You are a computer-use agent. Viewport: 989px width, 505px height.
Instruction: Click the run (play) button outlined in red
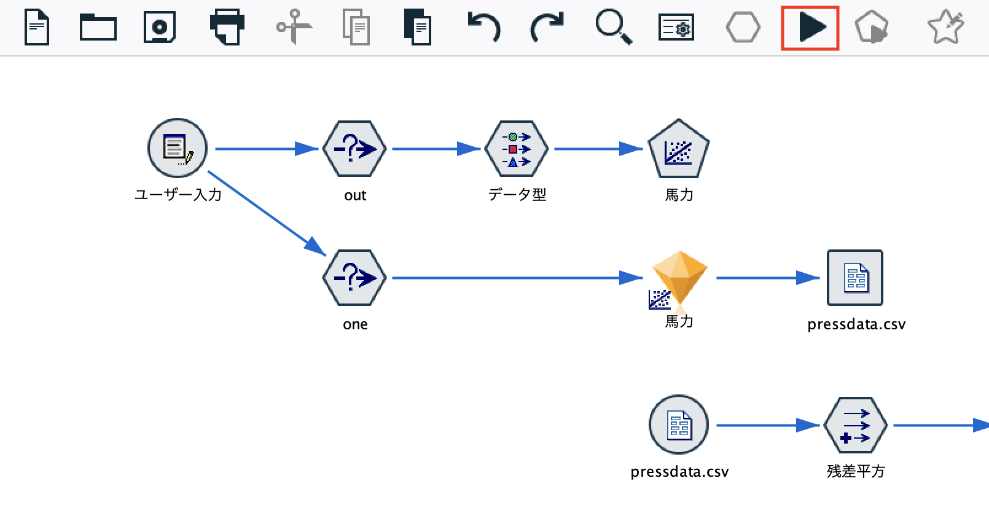810,28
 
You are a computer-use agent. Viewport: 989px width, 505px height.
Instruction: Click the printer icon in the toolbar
227,27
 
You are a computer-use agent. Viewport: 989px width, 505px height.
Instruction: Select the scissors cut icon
294,27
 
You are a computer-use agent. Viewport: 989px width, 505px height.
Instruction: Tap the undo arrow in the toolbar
484,27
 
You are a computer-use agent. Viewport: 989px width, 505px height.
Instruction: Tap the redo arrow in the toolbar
547,27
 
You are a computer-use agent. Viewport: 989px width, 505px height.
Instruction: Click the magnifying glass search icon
613,28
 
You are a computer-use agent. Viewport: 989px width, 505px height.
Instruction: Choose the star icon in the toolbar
946,27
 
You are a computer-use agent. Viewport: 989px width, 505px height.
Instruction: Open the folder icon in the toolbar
98,27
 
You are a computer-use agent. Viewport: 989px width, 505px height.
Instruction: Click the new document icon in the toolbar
37,28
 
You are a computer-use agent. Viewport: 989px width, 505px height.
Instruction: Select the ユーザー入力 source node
178,148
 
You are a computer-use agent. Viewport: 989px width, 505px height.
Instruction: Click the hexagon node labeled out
354,149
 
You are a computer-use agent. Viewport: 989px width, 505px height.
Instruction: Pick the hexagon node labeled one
354,278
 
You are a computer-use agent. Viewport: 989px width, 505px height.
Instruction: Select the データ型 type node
517,149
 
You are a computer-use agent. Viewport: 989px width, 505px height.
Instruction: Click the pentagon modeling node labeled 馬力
679,149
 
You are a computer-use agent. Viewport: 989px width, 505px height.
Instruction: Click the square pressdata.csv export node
855,278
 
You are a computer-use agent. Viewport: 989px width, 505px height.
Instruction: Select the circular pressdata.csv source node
679,425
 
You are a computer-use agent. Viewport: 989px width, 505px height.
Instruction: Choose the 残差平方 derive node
856,425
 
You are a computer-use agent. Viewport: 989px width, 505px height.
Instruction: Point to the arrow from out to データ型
436,149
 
